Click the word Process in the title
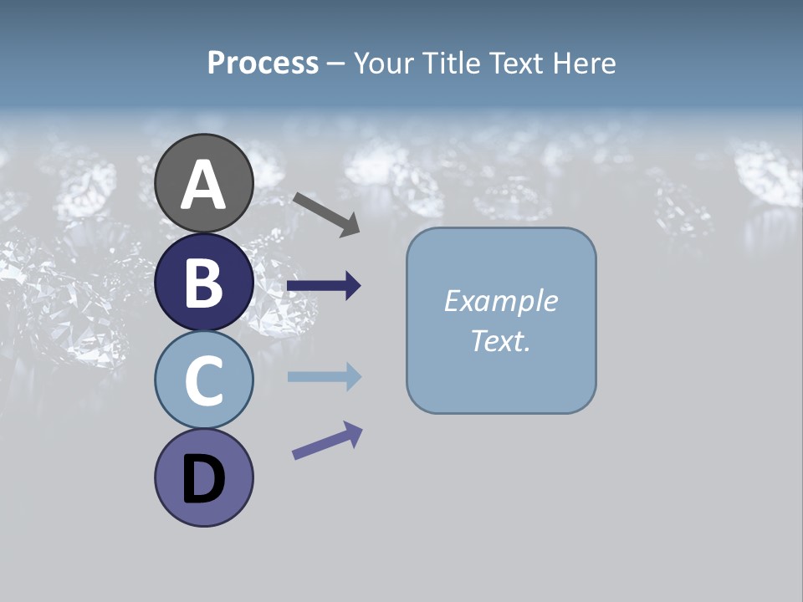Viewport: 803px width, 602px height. (x=263, y=64)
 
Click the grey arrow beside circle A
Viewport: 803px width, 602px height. (x=325, y=213)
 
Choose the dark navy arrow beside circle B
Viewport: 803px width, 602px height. (x=324, y=286)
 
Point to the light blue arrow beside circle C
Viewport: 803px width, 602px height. (x=324, y=377)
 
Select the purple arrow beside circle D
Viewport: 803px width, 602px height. (x=326, y=441)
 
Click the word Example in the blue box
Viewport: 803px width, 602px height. (x=500, y=301)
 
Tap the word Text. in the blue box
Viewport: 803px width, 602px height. (x=500, y=341)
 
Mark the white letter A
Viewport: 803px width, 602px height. (x=204, y=186)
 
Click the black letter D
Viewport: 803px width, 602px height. (x=204, y=480)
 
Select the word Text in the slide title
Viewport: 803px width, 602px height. (x=509, y=64)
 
